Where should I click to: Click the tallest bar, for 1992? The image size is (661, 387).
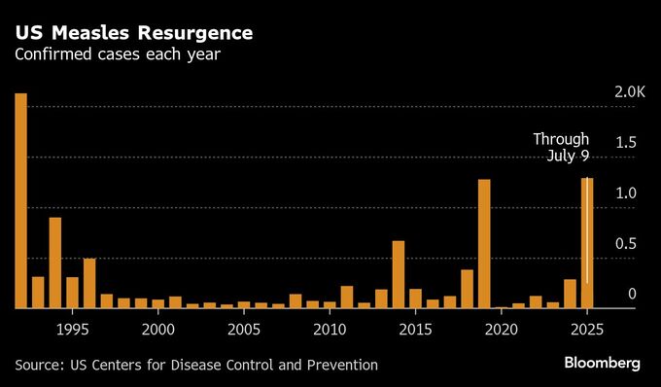pos(20,200)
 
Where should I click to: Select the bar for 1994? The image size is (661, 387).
pos(55,263)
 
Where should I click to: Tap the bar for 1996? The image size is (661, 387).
pos(89,283)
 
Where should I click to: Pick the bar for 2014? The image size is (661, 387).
pos(399,274)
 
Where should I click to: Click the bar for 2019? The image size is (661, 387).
pos(484,243)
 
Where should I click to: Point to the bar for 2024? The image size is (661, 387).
pos(570,294)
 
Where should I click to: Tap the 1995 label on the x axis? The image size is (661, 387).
pos(73,329)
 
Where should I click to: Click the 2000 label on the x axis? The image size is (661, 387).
pos(158,329)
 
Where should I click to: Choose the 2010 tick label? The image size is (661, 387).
pos(330,329)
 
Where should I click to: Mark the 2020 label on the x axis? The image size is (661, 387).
pos(502,329)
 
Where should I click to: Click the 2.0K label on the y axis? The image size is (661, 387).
pos(630,92)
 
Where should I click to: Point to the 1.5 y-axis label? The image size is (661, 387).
pos(626,143)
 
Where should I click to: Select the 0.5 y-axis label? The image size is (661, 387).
pos(626,244)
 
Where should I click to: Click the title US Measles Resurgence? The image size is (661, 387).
pos(134,33)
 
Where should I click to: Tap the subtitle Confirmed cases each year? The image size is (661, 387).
pos(117,54)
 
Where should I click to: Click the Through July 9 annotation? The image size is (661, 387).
pos(561,148)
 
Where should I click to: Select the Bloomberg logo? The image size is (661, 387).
pos(603,364)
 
